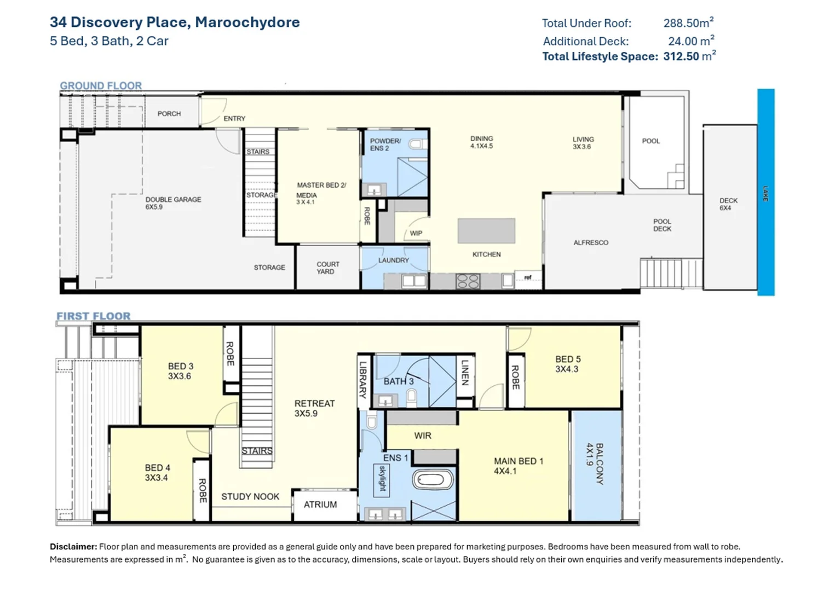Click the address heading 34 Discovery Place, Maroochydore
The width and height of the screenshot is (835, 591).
[175, 22]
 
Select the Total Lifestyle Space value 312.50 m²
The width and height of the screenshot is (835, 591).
[689, 56]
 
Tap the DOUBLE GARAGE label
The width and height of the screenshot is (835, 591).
[173, 203]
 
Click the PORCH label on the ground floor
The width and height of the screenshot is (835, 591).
[169, 114]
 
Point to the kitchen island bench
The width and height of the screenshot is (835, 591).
[486, 230]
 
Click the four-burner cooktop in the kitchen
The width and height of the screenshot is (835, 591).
[468, 281]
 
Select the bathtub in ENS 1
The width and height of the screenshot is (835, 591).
[433, 481]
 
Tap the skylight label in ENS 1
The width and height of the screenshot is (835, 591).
[382, 478]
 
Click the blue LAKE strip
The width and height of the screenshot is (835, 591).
[765, 193]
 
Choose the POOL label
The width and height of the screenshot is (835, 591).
[650, 141]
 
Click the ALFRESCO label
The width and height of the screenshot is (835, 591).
[590, 242]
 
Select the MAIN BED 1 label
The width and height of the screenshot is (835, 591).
[517, 466]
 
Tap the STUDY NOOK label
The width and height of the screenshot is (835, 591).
[250, 496]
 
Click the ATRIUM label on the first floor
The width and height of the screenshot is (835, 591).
[320, 505]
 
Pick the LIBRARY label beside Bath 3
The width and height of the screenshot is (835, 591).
[362, 379]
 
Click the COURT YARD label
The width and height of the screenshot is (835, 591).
[327, 268]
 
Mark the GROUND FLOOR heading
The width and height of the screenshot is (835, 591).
[101, 85]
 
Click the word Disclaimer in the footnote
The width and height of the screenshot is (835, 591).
[73, 546]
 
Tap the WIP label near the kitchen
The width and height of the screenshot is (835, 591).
[416, 233]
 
